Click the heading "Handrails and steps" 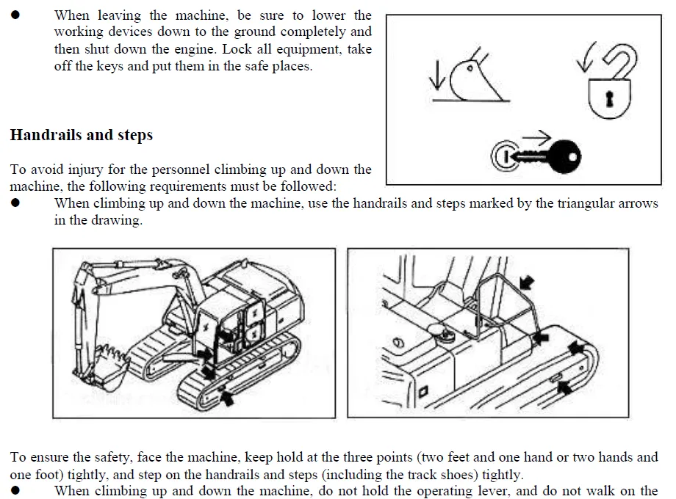[x=81, y=135]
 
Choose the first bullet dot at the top [x=16, y=15]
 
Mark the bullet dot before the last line [x=16, y=490]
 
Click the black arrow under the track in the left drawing [x=229, y=398]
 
